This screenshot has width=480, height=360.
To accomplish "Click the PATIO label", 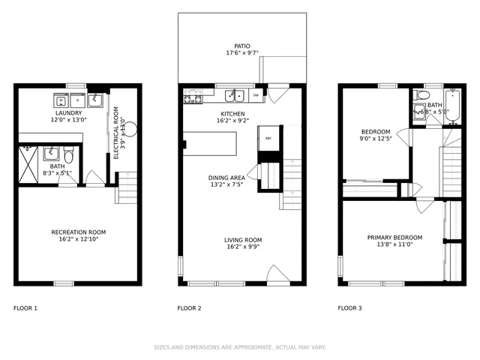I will pyautogui.click(x=242, y=46).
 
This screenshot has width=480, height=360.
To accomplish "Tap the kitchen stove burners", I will pyautogui.click(x=193, y=97).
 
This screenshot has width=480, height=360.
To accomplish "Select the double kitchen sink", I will pyautogui.click(x=235, y=95).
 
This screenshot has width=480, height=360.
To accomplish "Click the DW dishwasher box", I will pyautogui.click(x=256, y=95).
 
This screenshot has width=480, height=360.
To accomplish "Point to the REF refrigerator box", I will pyautogui.click(x=268, y=139).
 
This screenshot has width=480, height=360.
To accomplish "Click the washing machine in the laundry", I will pyautogui.click(x=59, y=100).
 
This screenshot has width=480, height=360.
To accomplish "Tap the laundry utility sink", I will pyautogui.click(x=95, y=99).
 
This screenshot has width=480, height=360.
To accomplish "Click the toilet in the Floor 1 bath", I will pyautogui.click(x=68, y=157).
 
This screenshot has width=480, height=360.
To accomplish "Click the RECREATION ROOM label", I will pyautogui.click(x=78, y=232).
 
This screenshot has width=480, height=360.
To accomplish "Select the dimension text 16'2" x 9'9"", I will pyautogui.click(x=242, y=247).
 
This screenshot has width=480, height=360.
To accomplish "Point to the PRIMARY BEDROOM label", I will pyautogui.click(x=394, y=238).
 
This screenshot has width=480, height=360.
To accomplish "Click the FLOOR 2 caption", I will pyautogui.click(x=189, y=308).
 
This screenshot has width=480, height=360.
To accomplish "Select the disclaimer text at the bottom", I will pyautogui.click(x=240, y=347).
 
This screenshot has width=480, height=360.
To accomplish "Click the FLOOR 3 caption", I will pyautogui.click(x=349, y=308).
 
